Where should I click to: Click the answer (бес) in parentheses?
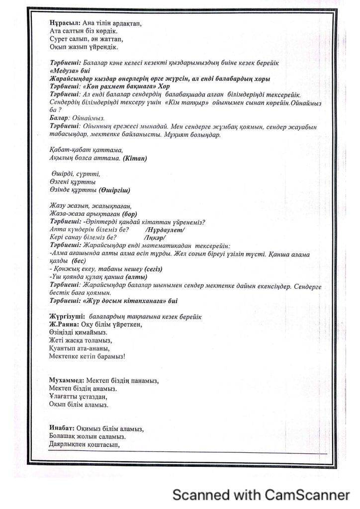(79, 261)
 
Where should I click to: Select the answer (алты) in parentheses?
(136, 277)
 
